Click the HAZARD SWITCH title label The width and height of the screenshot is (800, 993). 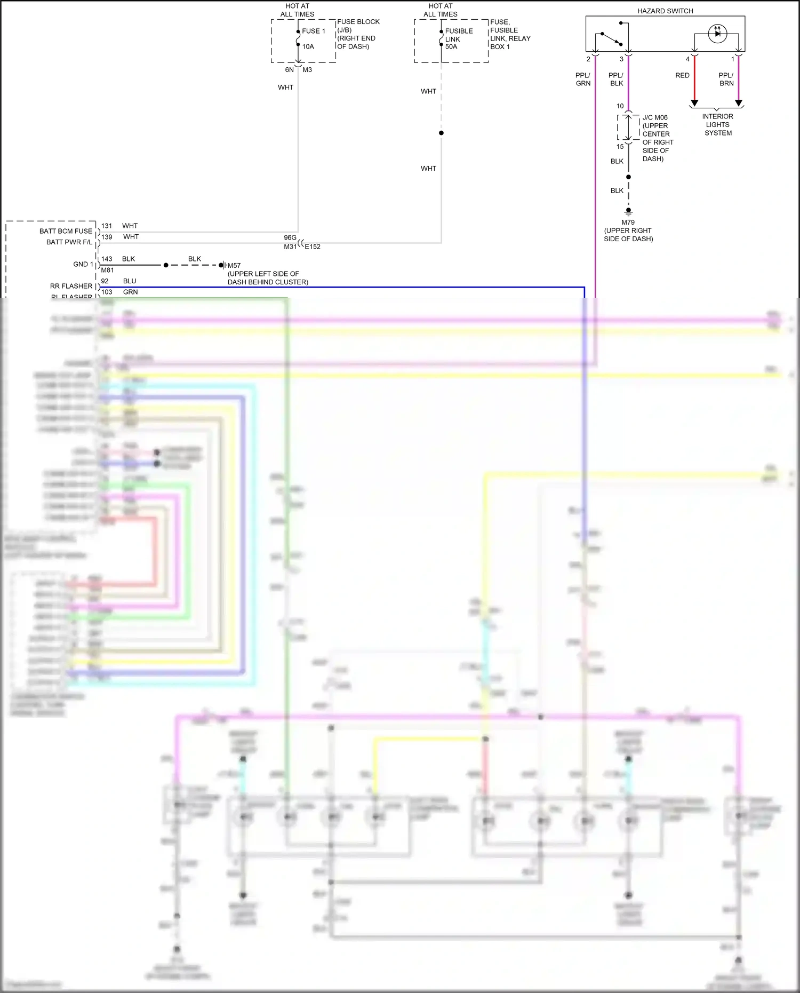point(665,11)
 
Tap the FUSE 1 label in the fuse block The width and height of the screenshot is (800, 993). point(313,31)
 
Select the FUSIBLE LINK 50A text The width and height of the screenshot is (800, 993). point(458,39)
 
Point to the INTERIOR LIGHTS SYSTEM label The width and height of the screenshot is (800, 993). point(717,124)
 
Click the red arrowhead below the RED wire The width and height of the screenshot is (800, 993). point(694,102)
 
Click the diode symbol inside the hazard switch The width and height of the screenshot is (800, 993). point(717,33)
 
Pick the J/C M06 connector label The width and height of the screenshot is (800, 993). point(654,117)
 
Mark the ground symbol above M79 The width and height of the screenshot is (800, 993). point(628,211)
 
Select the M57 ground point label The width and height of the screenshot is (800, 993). point(234,265)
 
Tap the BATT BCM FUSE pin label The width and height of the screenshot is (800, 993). point(66,231)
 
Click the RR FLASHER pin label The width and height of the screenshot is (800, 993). point(71,286)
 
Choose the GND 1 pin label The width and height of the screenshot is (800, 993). point(83,264)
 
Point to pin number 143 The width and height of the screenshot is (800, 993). point(107,259)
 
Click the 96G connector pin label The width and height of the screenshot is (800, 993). point(290,237)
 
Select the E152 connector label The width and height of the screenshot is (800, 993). point(313,247)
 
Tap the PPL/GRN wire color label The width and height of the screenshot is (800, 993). point(583,79)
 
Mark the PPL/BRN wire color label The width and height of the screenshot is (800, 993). point(726,79)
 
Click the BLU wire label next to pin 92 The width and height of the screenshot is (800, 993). point(130,281)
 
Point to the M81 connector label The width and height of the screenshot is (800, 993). point(107,270)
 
